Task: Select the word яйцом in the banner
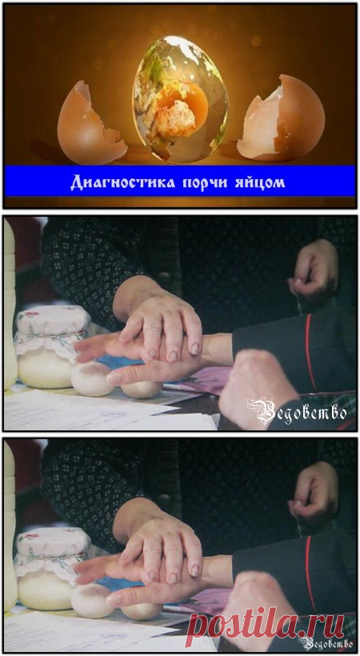[x=261, y=183]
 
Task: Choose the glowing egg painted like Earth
[x=181, y=99]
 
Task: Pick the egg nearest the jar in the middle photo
[x=92, y=379]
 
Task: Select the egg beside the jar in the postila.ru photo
[x=92, y=601]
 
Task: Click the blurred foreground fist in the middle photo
[x=258, y=389]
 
